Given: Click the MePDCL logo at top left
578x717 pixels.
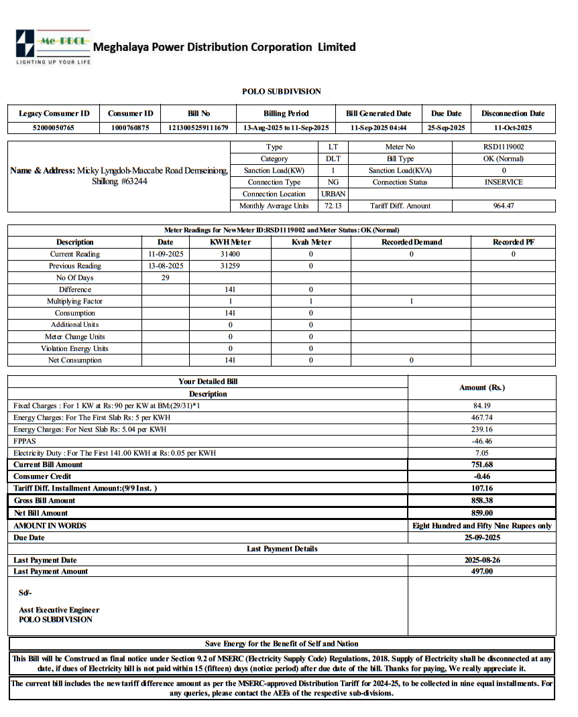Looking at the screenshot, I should [52, 46].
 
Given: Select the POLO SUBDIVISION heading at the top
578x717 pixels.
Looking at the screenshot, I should [282, 91].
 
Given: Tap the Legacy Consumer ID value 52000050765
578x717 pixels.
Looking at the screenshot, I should [54, 127].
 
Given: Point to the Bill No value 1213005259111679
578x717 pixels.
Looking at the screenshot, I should [198, 127].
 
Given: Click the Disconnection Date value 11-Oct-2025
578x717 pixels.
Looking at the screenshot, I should [513, 127].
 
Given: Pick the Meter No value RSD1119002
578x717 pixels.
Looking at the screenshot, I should [504, 147].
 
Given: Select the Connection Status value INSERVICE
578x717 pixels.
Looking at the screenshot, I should [504, 182].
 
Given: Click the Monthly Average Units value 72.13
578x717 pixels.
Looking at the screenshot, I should [333, 206].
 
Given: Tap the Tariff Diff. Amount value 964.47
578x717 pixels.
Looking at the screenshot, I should [504, 206].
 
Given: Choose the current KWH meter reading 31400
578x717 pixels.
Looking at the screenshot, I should [230, 255].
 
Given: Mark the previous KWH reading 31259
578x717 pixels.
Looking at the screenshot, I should [230, 266].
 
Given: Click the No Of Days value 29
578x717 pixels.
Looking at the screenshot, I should [166, 278].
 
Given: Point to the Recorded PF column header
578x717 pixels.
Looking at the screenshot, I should [513, 243].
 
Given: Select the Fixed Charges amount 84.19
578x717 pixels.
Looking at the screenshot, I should [482, 406].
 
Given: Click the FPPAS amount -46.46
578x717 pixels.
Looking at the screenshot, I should [482, 442].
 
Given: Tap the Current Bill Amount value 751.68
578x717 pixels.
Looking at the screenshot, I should [482, 465].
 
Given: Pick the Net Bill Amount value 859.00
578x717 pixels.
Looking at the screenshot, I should [482, 513].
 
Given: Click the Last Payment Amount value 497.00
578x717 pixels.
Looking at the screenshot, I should [482, 572].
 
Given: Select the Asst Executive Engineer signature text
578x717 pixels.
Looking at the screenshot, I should [59, 610].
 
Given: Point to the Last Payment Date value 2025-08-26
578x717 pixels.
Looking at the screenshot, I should [482, 560].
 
